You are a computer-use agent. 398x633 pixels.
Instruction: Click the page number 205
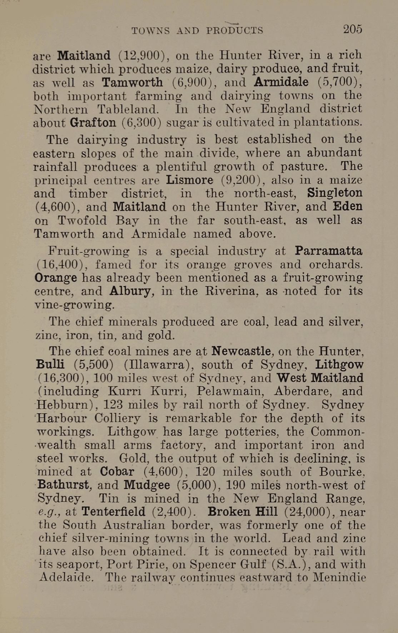click(x=352, y=29)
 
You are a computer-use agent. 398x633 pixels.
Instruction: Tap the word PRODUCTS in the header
click(x=235, y=30)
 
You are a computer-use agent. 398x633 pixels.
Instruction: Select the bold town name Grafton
click(x=93, y=123)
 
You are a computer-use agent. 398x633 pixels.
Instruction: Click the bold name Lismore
click(x=190, y=180)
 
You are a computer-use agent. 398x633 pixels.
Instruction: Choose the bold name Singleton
click(x=335, y=193)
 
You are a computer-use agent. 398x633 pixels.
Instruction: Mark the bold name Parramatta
click(x=329, y=251)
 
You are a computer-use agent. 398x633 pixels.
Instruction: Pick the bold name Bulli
click(x=50, y=364)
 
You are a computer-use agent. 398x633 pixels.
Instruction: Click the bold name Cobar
click(x=117, y=472)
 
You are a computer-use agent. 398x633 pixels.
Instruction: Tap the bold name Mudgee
click(x=147, y=485)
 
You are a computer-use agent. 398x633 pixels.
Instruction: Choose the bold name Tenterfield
click(x=113, y=512)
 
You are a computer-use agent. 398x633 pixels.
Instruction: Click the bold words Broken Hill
click(x=242, y=512)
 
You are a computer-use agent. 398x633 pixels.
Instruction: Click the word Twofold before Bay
click(x=82, y=220)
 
